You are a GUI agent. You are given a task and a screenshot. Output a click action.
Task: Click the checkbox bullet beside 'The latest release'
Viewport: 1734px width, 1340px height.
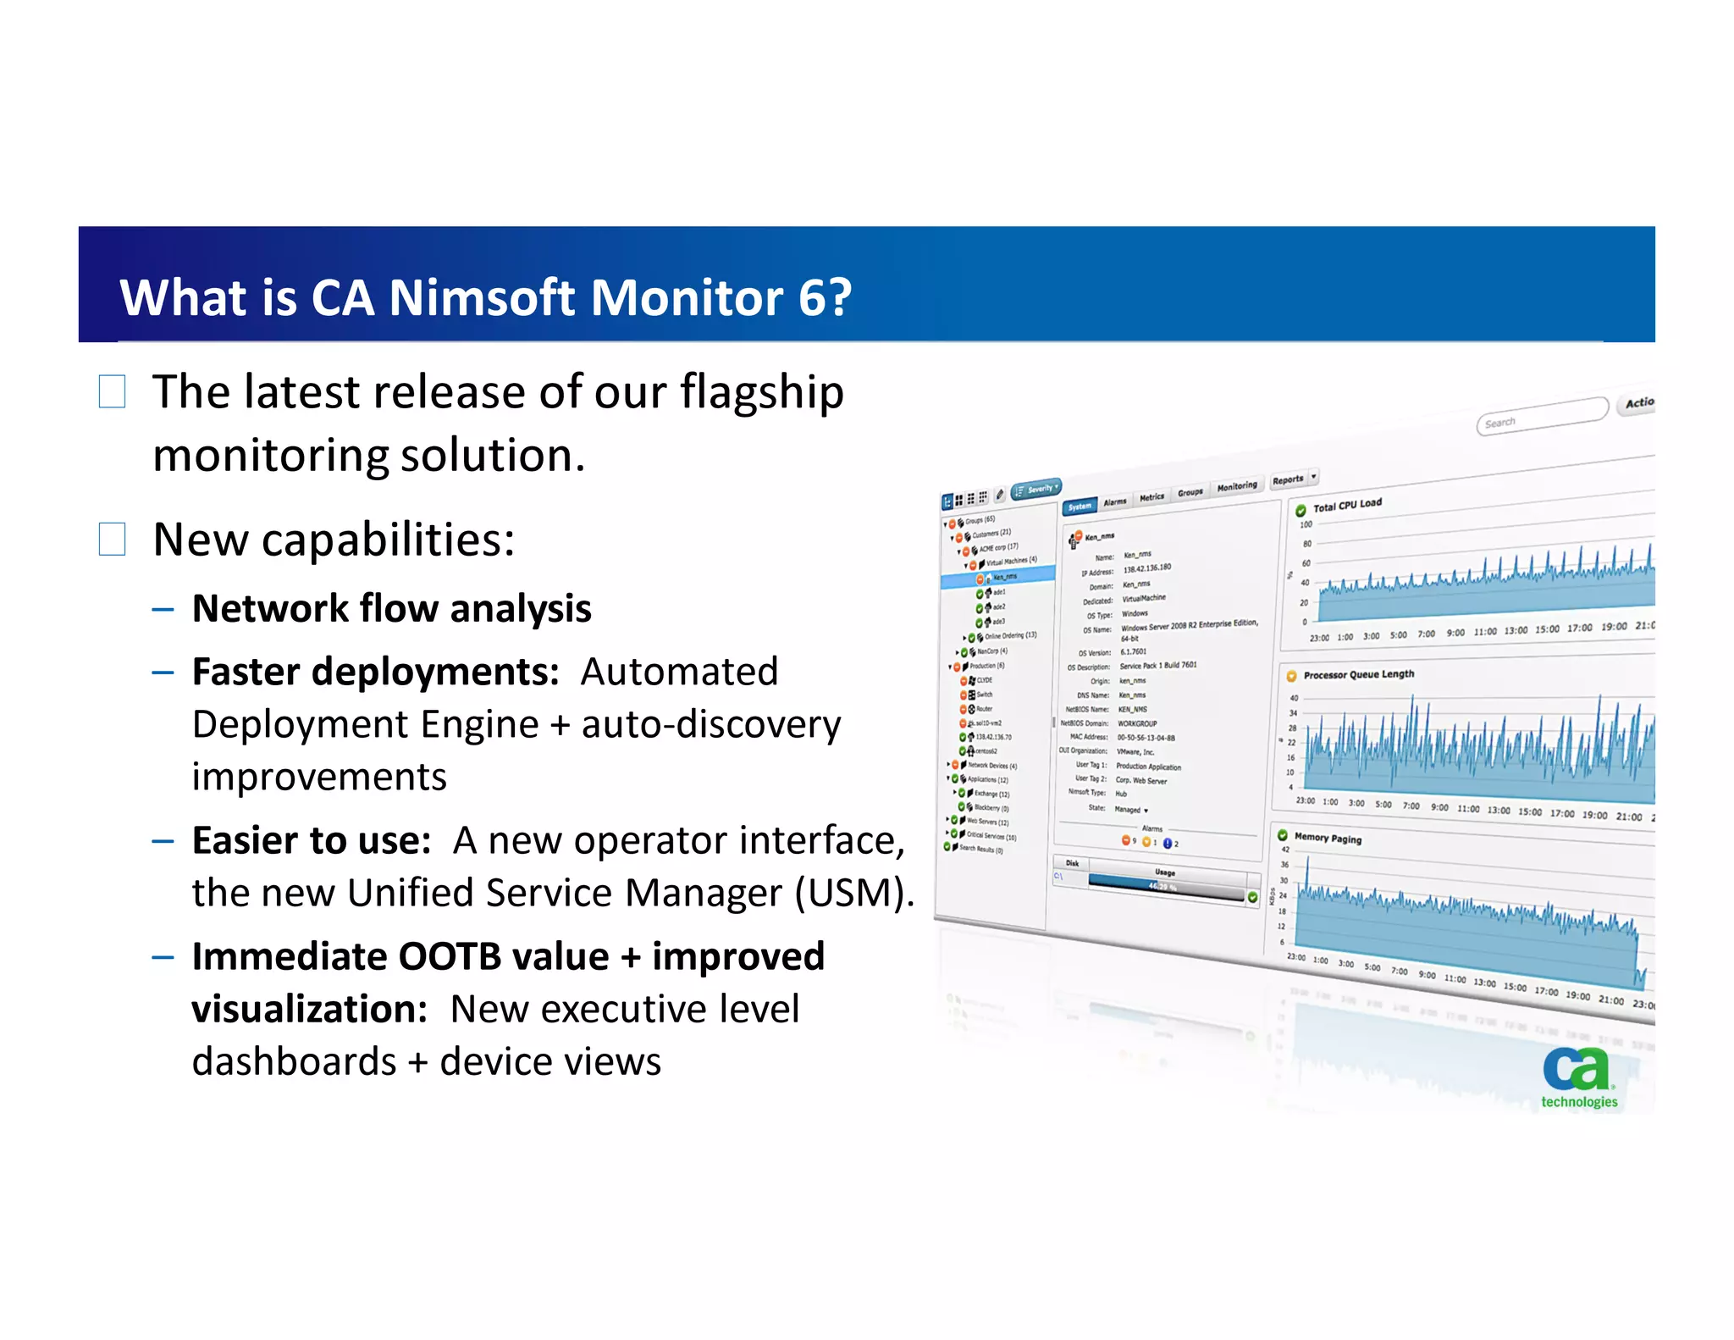point(112,392)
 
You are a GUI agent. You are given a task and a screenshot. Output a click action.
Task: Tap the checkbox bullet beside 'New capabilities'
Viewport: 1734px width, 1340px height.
point(112,540)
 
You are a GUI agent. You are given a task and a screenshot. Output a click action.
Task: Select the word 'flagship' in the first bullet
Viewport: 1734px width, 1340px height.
point(761,392)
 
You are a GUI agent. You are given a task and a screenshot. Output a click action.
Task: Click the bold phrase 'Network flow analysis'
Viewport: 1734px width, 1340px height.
point(391,609)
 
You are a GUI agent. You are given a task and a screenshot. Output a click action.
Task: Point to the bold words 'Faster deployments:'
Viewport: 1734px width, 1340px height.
point(375,672)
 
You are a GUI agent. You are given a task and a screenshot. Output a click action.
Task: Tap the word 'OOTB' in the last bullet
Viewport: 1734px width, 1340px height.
point(450,957)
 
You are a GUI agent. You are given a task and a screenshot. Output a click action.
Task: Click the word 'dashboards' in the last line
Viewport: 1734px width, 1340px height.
point(294,1062)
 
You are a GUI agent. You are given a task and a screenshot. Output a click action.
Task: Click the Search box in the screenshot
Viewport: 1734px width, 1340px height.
point(1541,417)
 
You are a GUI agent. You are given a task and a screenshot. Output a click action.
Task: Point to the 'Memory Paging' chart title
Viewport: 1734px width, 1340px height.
point(1328,838)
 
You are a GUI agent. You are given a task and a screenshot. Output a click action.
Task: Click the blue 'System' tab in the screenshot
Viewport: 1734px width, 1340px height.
point(1080,507)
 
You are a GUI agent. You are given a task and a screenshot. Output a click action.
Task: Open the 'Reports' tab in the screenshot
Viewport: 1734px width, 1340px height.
point(1289,480)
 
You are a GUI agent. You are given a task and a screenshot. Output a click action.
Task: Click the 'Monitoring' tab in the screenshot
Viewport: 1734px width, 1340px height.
point(1237,486)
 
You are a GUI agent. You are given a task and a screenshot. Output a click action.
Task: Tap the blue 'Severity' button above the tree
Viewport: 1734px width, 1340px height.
point(1036,489)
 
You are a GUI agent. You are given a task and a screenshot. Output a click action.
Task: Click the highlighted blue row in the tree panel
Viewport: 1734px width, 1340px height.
point(999,578)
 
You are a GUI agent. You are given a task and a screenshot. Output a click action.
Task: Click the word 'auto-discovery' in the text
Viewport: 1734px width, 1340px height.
point(710,725)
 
